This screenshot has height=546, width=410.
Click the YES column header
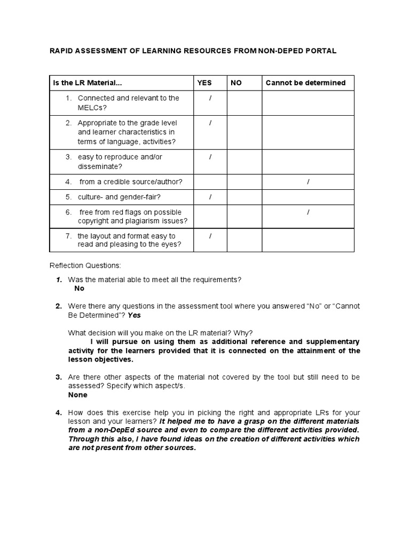coord(204,83)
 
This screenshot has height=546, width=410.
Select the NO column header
coord(236,83)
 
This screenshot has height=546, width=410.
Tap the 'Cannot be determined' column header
coord(305,83)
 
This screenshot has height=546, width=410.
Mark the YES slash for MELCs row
coord(210,98)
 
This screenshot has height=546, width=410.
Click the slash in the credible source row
coord(308,182)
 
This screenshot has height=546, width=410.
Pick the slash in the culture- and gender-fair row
coord(210,197)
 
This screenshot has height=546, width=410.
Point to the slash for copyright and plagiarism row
coord(308,212)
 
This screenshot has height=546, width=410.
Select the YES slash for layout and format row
coord(210,236)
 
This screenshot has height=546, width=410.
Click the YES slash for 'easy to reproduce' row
coord(210,157)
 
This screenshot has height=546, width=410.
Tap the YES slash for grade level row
coord(210,123)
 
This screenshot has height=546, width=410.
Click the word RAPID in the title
coord(62,51)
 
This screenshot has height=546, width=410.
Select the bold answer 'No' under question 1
coord(79,288)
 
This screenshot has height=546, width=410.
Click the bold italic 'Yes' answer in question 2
coord(135,315)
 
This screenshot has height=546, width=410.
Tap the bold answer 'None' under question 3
coord(77,395)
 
